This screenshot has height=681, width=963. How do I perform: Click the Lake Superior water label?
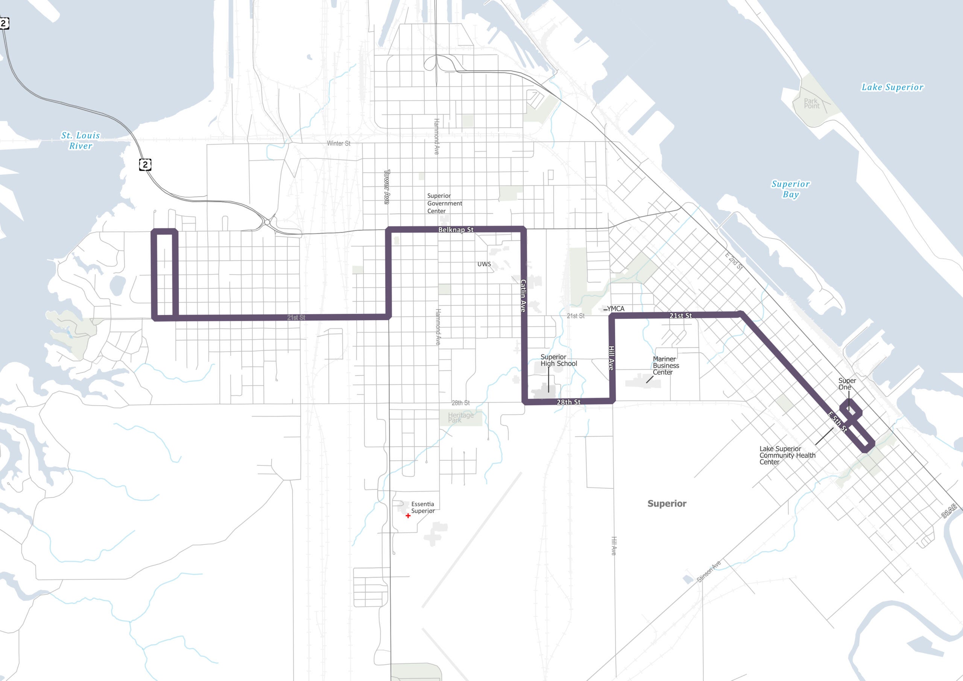click(x=892, y=87)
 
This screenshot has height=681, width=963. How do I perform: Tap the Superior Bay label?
click(x=791, y=189)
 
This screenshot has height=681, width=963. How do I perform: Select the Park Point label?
click(x=811, y=103)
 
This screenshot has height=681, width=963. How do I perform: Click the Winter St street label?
click(x=339, y=143)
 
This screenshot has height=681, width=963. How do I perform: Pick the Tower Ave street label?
click(x=387, y=187)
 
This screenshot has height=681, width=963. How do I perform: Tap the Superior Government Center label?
click(x=444, y=204)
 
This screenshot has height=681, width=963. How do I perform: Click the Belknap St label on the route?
click(x=456, y=230)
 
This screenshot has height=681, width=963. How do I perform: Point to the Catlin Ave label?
click(x=523, y=295)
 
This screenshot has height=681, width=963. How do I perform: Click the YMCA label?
click(x=615, y=309)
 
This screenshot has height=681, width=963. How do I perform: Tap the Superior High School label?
click(x=558, y=360)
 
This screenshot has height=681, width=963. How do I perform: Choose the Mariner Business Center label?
click(x=665, y=365)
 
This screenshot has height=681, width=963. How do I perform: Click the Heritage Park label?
click(x=460, y=417)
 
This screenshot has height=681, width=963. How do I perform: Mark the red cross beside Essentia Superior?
click(x=408, y=516)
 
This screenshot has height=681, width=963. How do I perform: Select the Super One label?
click(x=847, y=384)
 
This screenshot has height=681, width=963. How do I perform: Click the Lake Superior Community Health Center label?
click(x=787, y=455)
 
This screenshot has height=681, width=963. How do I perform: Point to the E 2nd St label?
click(x=734, y=261)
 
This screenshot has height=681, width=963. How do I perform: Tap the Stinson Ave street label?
click(x=708, y=571)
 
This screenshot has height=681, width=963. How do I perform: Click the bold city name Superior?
click(x=667, y=503)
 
